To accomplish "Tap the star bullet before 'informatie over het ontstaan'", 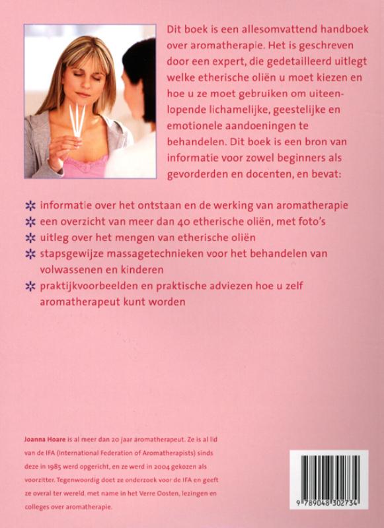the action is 29,205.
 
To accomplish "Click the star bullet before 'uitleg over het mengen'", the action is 29,237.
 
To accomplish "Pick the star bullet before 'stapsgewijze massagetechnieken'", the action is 29,253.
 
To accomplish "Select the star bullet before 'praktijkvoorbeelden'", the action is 29,286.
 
